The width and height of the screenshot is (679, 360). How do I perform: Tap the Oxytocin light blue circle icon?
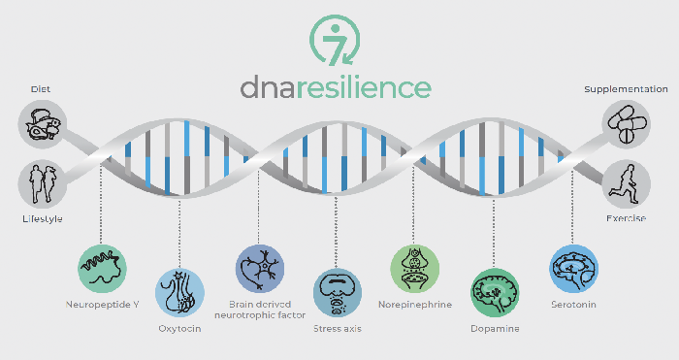coord(180,294)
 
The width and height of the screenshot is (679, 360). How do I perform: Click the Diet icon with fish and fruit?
coord(41,124)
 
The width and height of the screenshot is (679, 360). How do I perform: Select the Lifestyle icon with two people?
coord(41,182)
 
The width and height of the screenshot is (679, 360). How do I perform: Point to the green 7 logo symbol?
coord(336,40)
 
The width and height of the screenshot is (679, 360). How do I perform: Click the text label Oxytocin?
coord(180,329)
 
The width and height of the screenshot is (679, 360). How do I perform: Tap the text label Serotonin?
coord(571,304)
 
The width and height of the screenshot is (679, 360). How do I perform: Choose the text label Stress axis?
coord(337,330)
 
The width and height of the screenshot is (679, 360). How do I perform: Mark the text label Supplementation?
coord(626,89)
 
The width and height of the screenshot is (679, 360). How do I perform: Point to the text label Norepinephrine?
coord(414,304)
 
